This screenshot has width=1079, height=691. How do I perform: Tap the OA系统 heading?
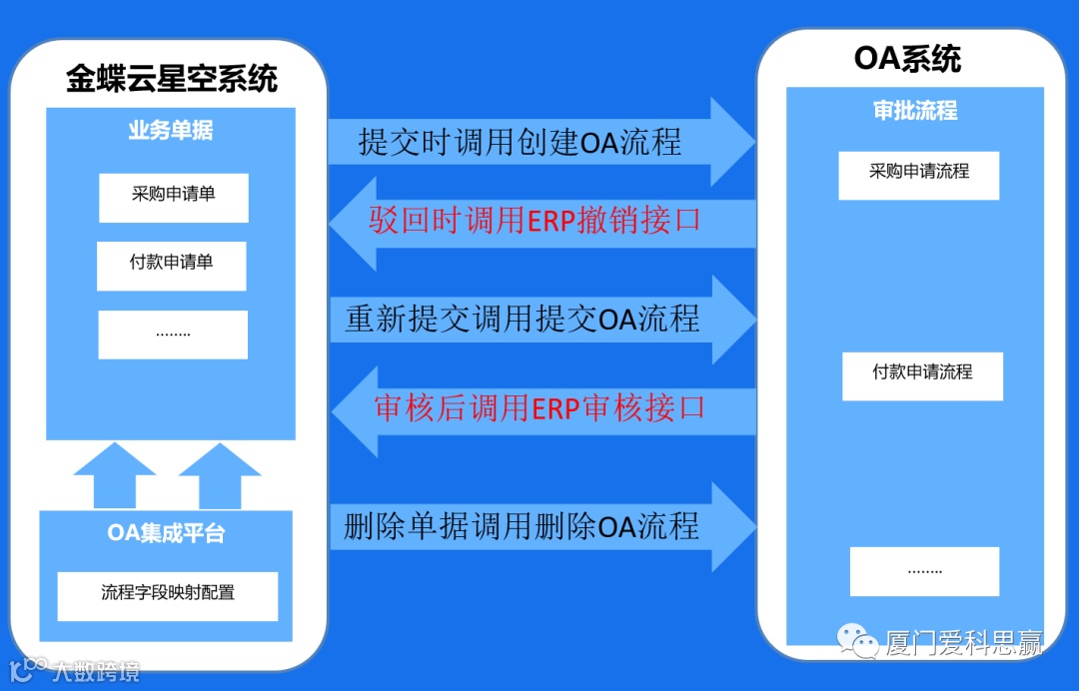pos(907,59)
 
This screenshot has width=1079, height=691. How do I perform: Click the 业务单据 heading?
pos(171,131)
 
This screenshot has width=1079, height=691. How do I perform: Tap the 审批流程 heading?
pos(915,111)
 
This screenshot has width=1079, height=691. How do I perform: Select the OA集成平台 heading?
pos(166,533)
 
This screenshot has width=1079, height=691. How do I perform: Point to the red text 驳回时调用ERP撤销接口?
pos(535,221)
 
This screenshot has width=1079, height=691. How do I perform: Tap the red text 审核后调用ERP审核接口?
pos(539,407)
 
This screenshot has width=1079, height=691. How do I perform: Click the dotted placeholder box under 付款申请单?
pos(173,335)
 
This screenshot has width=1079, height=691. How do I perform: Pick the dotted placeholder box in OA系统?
pos(924,571)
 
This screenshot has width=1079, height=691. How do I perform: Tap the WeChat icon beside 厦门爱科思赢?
pos(856,642)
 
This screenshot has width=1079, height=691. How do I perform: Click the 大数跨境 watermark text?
pos(96,671)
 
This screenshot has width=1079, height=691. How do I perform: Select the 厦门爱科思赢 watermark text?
pos(963,644)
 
